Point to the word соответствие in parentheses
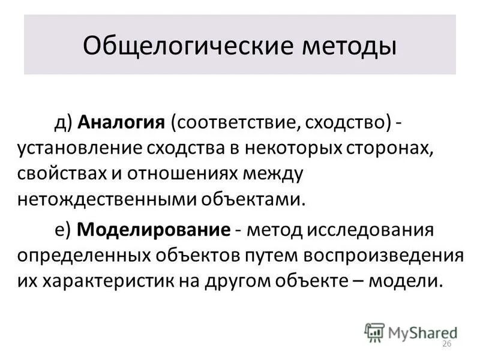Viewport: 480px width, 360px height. pyautogui.click(x=233, y=122)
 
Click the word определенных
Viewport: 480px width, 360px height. pyautogui.click(x=82, y=255)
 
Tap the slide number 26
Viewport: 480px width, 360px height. pyautogui.click(x=446, y=343)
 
